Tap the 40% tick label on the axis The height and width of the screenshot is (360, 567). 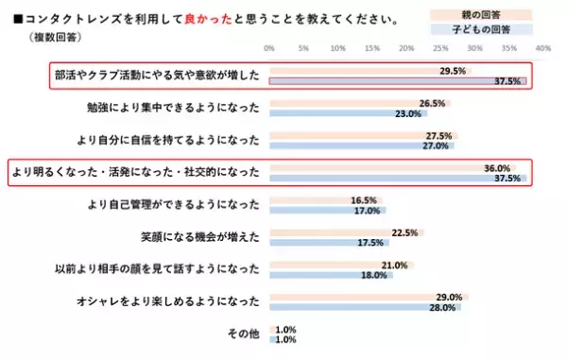[542, 47]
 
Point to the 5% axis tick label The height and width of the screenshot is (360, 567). [303, 47]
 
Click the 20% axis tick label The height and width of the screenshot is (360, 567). [405, 47]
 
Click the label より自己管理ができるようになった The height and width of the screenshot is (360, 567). [172, 205]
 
